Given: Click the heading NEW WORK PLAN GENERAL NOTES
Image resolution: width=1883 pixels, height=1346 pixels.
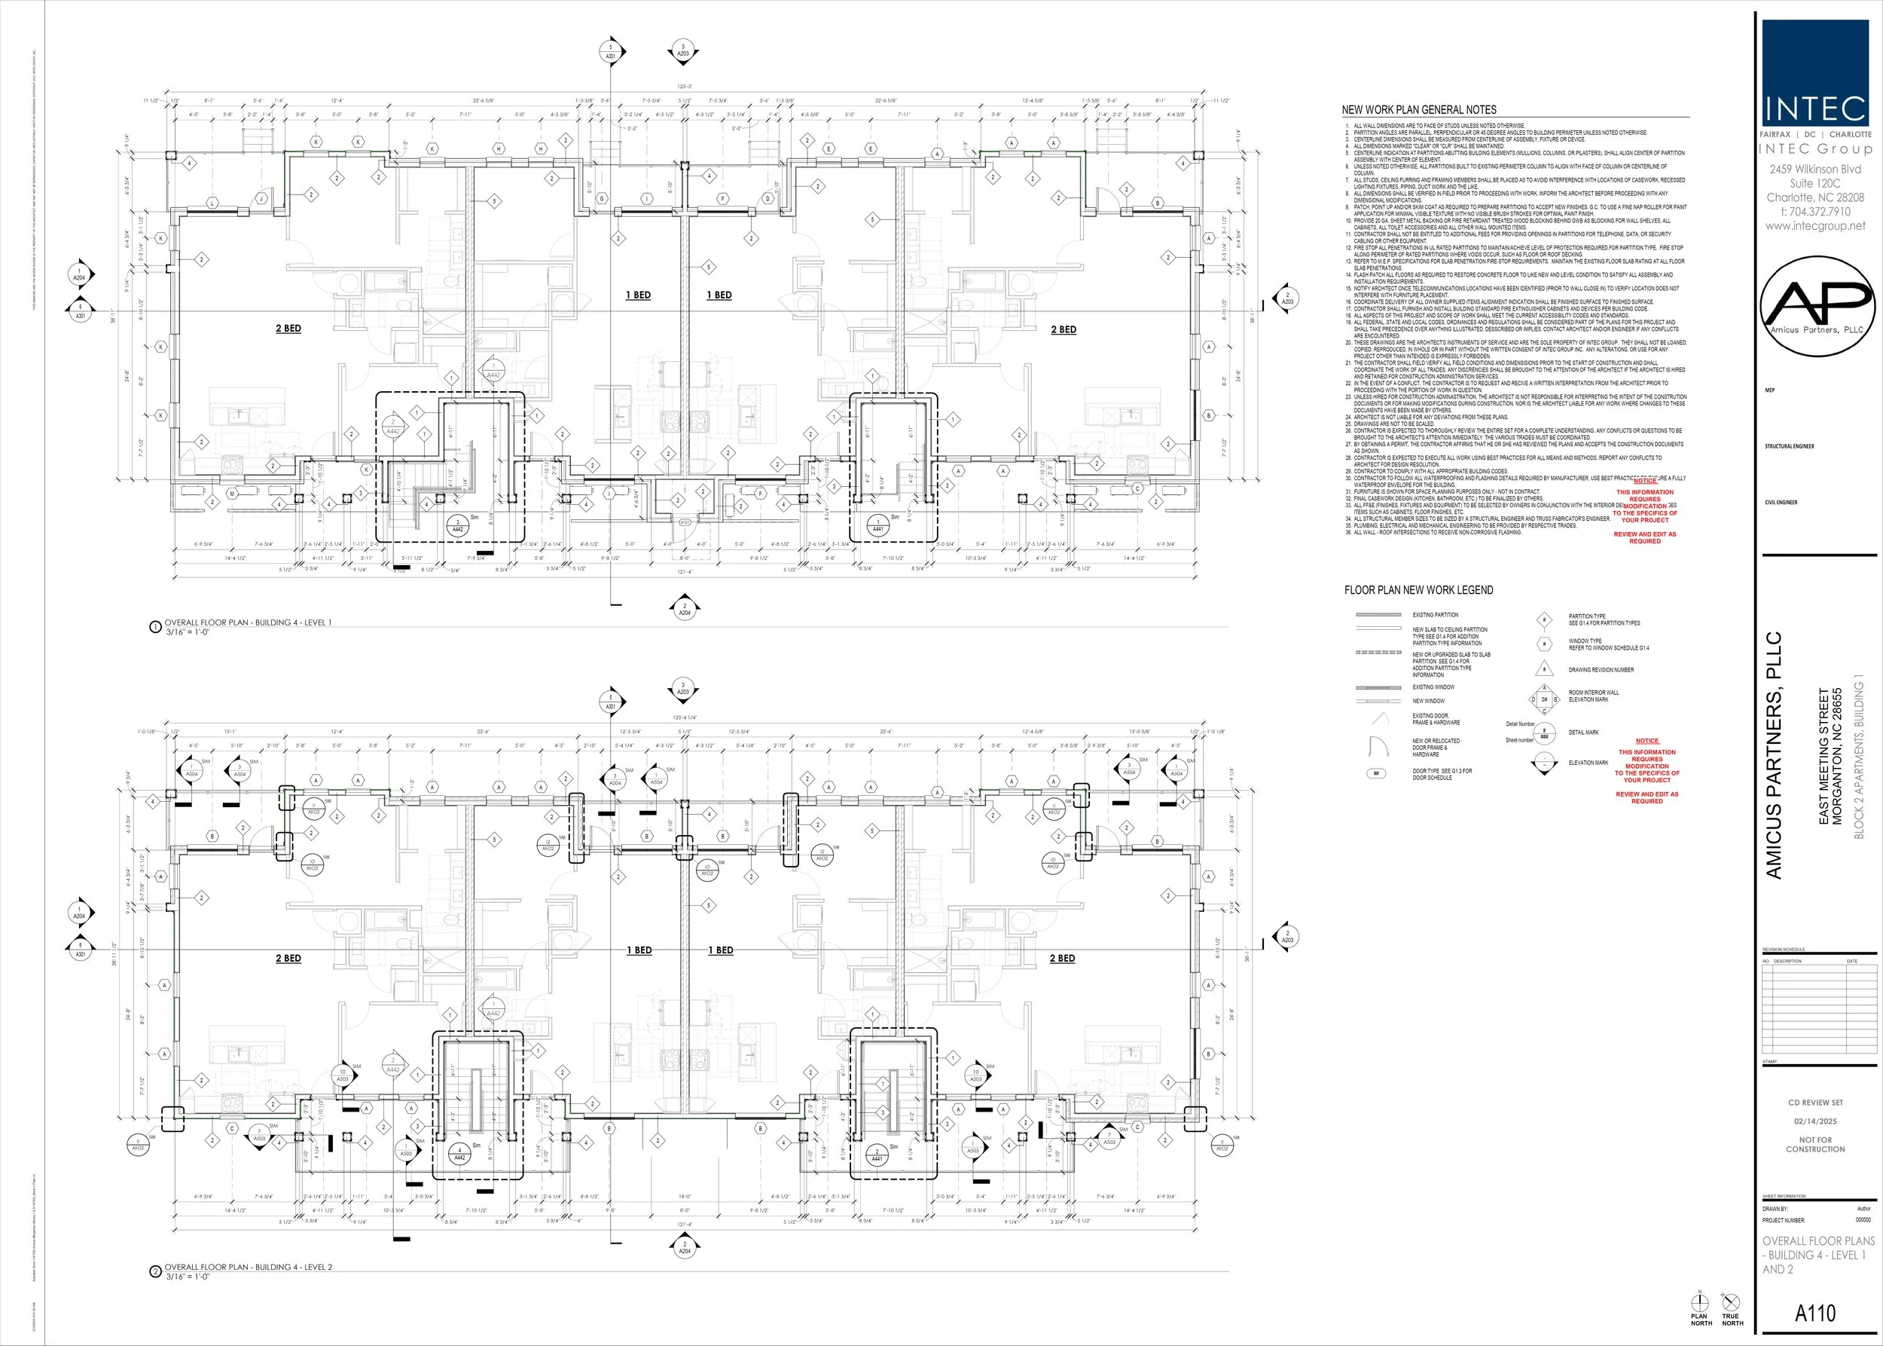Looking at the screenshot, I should tap(1419, 109).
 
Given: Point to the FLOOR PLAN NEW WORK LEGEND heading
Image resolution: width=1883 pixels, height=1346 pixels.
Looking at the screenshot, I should tap(1418, 590).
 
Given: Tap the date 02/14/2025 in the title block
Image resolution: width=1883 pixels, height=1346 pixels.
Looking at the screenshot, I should tap(1815, 1121).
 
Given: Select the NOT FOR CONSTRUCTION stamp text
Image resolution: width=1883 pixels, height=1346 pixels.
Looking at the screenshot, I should tap(1815, 1145).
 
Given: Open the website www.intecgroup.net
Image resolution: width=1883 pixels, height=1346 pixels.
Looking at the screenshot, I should tap(1815, 225).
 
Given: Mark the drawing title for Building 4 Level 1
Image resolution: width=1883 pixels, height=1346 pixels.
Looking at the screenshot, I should tap(248, 623).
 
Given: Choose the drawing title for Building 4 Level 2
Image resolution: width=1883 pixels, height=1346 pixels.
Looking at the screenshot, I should tap(248, 1268).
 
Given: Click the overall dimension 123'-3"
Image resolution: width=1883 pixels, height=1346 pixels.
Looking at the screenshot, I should tap(684, 86).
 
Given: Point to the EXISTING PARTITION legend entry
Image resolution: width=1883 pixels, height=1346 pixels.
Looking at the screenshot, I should tap(1435, 615).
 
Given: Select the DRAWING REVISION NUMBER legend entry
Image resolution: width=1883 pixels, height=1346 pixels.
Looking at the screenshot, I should tap(1601, 670).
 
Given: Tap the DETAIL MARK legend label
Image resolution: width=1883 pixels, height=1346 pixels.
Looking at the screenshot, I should tap(1583, 733).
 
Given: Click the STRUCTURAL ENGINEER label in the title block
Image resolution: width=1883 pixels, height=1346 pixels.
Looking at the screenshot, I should tap(1790, 447).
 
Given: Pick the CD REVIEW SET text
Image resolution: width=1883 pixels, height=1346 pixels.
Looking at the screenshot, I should tap(1815, 1103).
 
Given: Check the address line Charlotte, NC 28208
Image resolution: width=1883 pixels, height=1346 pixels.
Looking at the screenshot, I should tap(1815, 197).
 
